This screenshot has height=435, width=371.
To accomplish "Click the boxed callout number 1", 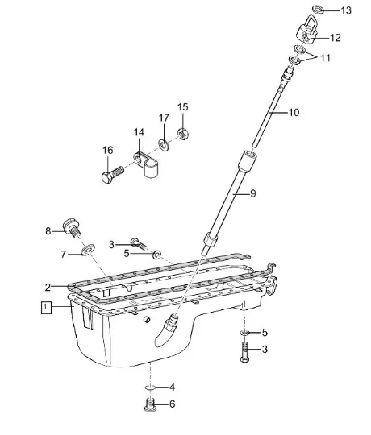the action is [46, 307].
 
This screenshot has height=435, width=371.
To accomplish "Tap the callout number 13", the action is [346, 10].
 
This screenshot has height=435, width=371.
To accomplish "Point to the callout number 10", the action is [294, 112].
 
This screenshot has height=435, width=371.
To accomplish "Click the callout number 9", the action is [252, 193].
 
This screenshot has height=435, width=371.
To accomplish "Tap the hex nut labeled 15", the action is [183, 134].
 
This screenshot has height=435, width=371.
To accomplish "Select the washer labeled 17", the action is [163, 144].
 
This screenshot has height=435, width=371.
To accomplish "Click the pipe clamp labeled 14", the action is [147, 164].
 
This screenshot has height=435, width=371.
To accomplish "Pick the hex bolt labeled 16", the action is [112, 174].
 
